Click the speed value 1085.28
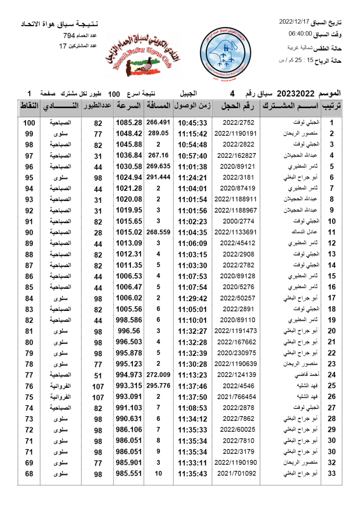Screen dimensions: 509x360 [129, 123]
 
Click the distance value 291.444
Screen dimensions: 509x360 [158, 177]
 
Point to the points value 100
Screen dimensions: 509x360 [29, 123]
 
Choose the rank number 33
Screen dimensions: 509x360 [332, 473]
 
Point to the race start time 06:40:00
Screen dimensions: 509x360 [301, 34]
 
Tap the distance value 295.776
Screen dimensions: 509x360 [158, 386]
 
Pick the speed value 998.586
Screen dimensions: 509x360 [129, 320]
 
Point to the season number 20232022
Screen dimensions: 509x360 [295, 93]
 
